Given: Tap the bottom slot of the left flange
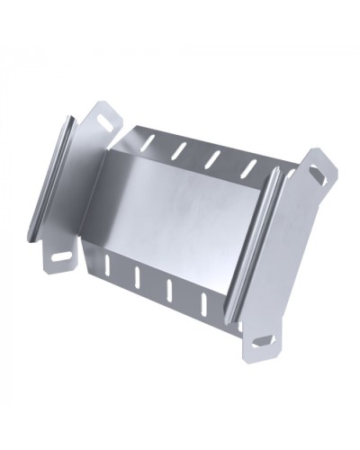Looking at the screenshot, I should (x=62, y=257).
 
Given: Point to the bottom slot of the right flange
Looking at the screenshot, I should (x=263, y=340).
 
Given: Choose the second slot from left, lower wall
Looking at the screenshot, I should (x=138, y=278).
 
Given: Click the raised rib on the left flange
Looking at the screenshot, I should (x=49, y=180).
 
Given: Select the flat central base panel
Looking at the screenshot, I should (x=189, y=216).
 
